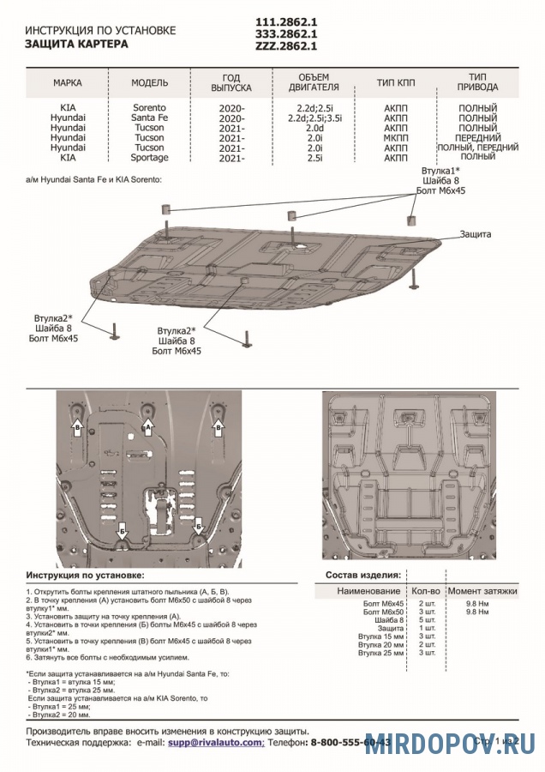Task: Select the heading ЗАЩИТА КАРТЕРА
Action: [76, 43]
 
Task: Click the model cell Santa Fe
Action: [149, 118]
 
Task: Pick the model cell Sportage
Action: [149, 158]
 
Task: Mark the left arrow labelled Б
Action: [122, 529]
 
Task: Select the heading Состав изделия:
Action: [363, 575]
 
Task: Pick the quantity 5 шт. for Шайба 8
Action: [424, 620]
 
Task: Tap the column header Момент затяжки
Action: [482, 591]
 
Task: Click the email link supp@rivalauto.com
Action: [216, 742]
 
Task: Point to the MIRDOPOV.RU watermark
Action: [450, 745]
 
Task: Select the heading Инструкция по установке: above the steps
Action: [85, 575]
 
